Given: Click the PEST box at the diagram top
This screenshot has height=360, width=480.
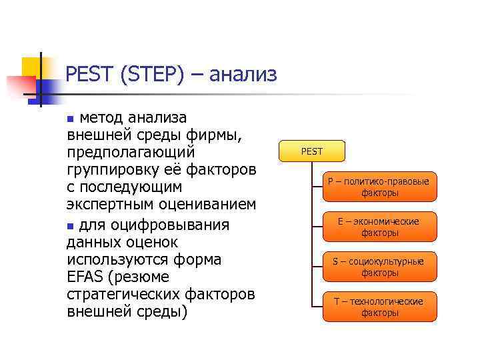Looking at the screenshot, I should (x=311, y=151).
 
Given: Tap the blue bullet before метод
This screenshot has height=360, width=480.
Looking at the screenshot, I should (x=71, y=119).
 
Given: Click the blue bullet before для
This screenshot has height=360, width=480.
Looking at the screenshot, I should (x=71, y=223).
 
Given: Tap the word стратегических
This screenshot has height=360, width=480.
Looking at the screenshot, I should (x=123, y=293).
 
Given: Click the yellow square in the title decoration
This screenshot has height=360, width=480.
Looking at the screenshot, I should (x=30, y=67).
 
